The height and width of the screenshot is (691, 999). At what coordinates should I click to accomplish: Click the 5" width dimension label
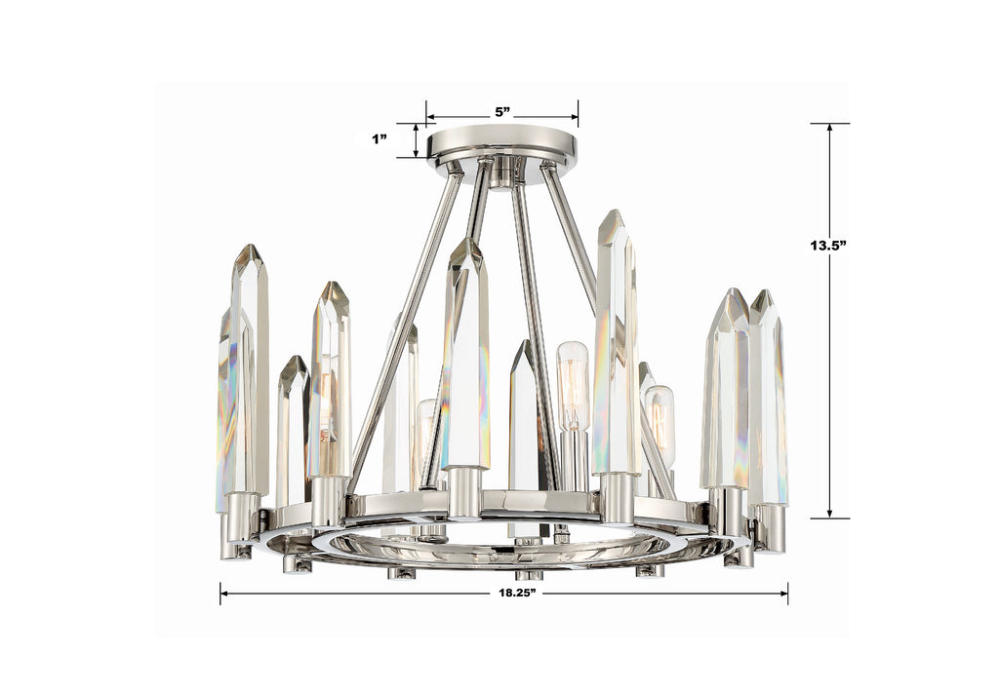[x=502, y=112]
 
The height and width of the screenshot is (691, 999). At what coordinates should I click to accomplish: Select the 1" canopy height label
[x=380, y=139]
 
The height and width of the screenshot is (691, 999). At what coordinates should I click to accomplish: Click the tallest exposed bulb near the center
[x=573, y=386]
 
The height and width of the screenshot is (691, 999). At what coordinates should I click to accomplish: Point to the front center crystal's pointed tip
[x=465, y=246]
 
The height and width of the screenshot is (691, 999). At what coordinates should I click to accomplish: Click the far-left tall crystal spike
[x=248, y=370]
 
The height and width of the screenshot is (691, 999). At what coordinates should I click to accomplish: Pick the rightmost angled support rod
[x=605, y=322]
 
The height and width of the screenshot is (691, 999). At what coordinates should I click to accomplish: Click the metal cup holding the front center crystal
[x=464, y=492]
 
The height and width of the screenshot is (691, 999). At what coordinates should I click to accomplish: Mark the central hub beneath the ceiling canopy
[x=501, y=172]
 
